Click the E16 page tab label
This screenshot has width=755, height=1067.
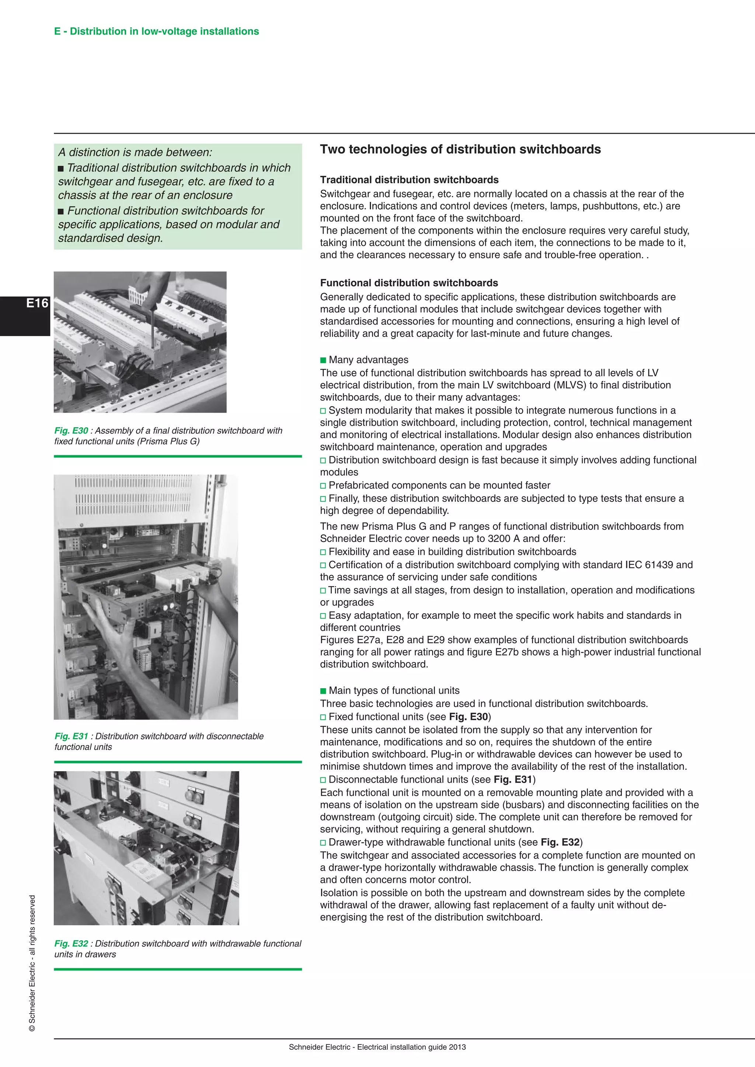(x=37, y=304)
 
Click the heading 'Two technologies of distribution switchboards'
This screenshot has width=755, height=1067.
(x=460, y=149)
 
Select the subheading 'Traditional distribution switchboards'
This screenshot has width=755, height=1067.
(x=409, y=180)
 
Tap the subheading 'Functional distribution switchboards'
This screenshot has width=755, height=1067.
(x=408, y=283)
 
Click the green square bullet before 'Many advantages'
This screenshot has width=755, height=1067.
(x=323, y=360)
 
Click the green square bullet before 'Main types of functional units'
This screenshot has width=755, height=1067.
(x=323, y=691)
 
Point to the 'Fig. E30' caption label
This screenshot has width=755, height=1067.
(x=71, y=431)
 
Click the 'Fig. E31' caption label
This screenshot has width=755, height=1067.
(x=71, y=737)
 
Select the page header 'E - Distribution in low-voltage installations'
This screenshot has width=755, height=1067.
(x=156, y=31)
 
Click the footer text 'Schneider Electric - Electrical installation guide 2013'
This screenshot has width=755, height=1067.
(x=377, y=1047)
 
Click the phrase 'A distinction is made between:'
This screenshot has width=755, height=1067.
(x=135, y=153)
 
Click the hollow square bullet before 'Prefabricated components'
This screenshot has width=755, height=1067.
(x=323, y=486)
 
